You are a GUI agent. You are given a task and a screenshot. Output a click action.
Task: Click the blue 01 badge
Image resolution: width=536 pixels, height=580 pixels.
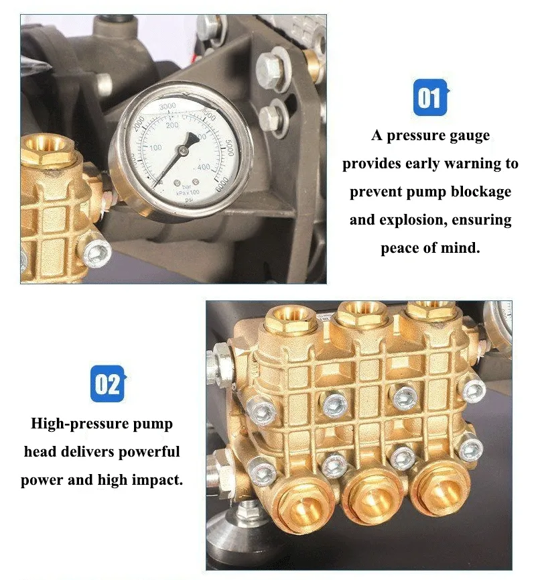pos(430,97)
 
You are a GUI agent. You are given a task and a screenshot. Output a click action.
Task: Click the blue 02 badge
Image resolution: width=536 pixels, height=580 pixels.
pos(108,384)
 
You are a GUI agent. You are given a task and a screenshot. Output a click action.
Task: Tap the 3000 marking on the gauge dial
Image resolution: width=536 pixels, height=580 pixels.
pos(167,107)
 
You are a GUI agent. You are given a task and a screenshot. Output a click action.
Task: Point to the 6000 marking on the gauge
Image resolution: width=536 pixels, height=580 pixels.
pos(222,184)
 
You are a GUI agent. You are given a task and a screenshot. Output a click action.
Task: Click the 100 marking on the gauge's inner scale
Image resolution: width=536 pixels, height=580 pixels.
pos(155,148)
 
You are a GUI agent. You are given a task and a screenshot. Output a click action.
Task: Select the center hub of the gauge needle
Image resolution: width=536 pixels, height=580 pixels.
pos(183,150)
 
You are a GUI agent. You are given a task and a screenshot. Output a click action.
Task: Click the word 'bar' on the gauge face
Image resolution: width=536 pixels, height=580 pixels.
pos(187,187)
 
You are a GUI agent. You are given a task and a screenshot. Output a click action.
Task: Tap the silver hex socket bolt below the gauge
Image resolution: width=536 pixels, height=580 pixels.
pos(96,252)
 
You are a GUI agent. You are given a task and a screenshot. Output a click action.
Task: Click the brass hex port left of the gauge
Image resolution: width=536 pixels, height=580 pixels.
pos(48,152)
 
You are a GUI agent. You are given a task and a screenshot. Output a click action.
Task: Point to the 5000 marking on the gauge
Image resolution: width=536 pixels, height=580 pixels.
pos(230,148)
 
